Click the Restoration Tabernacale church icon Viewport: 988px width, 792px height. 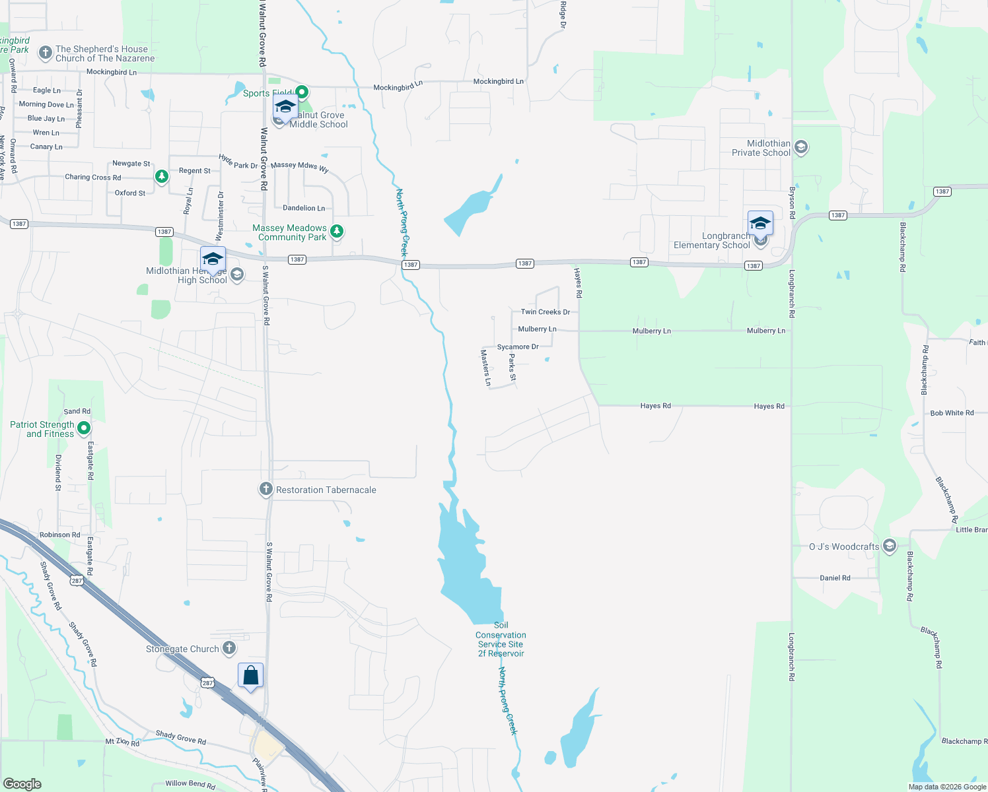[265, 489]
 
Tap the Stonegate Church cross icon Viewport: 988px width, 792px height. [229, 648]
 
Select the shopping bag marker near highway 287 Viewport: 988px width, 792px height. [250, 676]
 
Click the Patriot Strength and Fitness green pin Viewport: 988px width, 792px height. [84, 428]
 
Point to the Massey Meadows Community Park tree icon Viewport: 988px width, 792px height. [337, 231]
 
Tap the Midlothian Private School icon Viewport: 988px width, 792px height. [801, 147]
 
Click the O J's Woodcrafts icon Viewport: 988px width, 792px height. [889, 546]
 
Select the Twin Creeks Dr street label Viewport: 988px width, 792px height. [545, 312]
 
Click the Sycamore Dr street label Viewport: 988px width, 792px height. [518, 346]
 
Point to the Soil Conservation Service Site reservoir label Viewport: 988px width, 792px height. [501, 640]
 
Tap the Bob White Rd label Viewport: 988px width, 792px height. [952, 413]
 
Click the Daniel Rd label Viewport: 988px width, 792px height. [835, 577]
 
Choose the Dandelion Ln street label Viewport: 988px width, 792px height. [304, 208]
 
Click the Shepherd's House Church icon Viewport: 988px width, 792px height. [45, 53]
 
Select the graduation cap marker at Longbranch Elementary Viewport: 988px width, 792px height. [760, 224]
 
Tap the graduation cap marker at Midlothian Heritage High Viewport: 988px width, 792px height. [213, 259]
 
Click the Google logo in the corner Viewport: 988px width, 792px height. [22, 783]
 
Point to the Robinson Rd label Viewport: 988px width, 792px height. [59, 535]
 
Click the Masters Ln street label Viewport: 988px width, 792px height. [485, 368]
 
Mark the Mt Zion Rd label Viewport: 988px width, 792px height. [122, 742]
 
